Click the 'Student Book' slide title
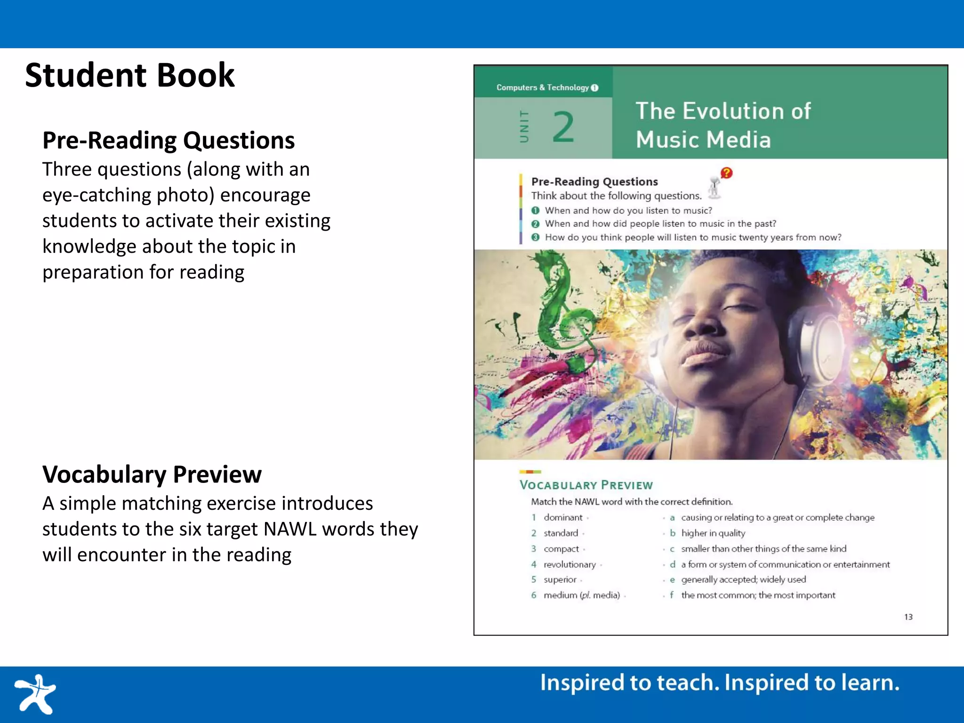click(129, 75)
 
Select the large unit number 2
click(563, 127)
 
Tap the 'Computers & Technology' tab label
click(542, 88)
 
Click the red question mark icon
click(726, 173)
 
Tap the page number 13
click(908, 617)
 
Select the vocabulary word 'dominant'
click(563, 517)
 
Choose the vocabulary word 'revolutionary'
click(570, 564)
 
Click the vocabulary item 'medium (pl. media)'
click(581, 595)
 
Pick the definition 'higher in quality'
click(713, 533)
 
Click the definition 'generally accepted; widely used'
click(743, 579)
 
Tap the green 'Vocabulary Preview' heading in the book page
click(586, 485)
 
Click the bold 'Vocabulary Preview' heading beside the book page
click(152, 474)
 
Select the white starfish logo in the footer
click(35, 694)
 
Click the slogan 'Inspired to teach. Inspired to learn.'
click(719, 683)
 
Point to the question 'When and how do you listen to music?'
click(628, 210)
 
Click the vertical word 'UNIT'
click(524, 126)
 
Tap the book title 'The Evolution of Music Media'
click(723, 125)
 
